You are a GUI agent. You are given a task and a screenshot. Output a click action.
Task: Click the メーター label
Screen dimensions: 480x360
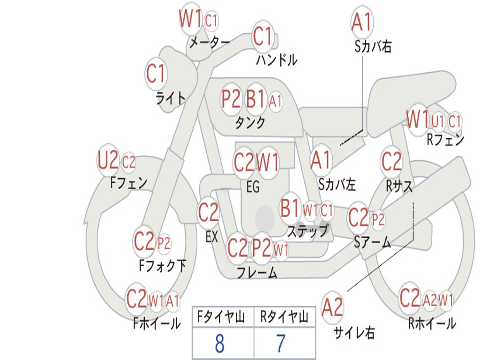click(210, 42)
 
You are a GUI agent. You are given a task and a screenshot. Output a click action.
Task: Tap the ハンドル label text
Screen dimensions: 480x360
click(277, 60)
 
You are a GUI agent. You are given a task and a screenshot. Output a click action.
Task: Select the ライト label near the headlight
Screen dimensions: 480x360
click(171, 98)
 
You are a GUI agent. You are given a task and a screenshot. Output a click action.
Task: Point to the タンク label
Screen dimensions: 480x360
click(250, 123)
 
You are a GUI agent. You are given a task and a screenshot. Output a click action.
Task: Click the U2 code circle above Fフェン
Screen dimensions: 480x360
click(108, 160)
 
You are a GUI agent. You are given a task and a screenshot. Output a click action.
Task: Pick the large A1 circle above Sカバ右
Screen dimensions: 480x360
click(362, 22)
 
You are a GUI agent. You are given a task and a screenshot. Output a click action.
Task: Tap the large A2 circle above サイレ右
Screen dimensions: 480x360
click(332, 307)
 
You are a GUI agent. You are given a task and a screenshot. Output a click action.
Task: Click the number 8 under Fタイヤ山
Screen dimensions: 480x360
click(220, 344)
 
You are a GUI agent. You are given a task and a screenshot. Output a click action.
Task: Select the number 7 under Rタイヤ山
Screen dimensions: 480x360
click(281, 344)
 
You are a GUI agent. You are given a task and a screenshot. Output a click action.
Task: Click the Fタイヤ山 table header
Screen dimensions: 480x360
click(221, 317)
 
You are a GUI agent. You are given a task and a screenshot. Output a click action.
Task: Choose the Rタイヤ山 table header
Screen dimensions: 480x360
click(284, 317)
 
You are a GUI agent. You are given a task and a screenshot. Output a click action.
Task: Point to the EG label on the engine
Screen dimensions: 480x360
click(253, 187)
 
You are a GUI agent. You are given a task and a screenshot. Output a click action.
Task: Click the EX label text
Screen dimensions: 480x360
click(211, 237)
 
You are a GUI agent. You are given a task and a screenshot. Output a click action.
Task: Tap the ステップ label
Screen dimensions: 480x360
click(308, 231)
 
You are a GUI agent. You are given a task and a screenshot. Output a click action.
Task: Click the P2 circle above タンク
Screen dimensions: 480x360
click(231, 99)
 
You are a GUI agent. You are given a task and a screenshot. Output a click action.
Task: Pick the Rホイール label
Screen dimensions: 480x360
click(432, 323)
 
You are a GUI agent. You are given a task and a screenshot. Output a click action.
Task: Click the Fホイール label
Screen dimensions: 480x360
click(157, 323)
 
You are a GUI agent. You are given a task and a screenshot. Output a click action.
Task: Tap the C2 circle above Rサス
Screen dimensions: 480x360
click(391, 161)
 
